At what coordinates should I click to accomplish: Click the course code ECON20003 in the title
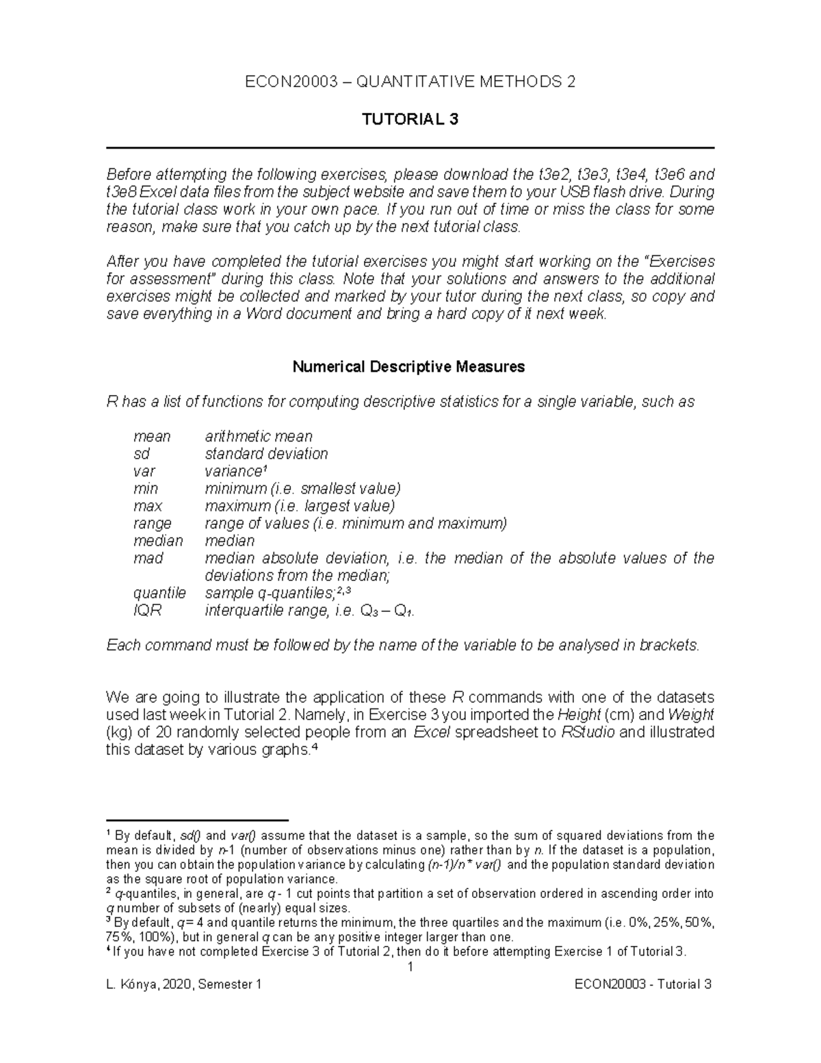(290, 83)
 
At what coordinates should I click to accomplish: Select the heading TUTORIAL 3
(410, 120)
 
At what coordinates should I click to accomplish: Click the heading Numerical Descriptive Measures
(408, 367)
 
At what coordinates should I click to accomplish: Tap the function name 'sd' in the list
(142, 454)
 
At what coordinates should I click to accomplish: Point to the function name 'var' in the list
(144, 472)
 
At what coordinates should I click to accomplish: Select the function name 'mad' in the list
(148, 559)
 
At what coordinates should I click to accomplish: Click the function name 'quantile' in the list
(159, 593)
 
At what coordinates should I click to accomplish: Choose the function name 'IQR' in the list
(148, 611)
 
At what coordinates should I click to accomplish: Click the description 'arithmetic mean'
(259, 437)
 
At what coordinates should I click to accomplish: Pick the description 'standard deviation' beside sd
(266, 454)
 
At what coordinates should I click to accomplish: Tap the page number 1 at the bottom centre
(410, 967)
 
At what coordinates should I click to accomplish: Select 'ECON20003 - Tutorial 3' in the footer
(643, 985)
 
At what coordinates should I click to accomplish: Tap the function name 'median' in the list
(158, 541)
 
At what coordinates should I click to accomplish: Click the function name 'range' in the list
(153, 524)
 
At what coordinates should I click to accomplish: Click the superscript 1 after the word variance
(264, 469)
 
